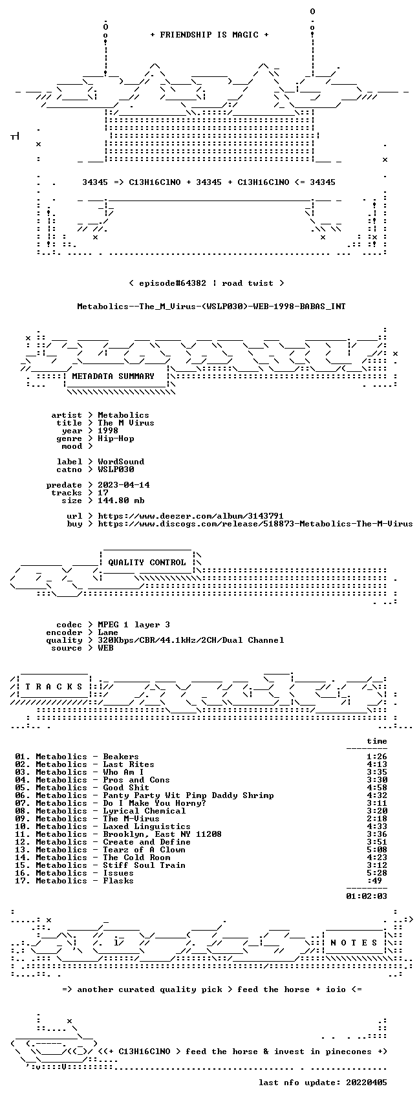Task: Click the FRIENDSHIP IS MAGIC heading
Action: pos(209,34)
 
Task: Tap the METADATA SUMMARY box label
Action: pos(113,376)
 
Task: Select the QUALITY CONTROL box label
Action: pos(147,562)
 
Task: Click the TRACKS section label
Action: pos(54,687)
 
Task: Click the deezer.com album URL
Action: pos(190,516)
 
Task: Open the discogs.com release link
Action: pos(255,524)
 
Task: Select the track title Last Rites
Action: pos(129,764)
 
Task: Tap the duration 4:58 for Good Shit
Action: pos(377,788)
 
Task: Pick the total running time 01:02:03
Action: pos(367,896)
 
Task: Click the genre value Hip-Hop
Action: pos(116,438)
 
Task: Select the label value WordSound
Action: pos(121,462)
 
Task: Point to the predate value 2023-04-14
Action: pos(124,484)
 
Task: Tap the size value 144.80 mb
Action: pos(121,501)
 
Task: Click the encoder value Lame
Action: pos(108,632)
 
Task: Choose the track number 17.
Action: pos(22,881)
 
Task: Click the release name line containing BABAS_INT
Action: pos(211,306)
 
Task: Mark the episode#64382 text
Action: pos(166,283)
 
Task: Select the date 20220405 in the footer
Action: pos(367,1083)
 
